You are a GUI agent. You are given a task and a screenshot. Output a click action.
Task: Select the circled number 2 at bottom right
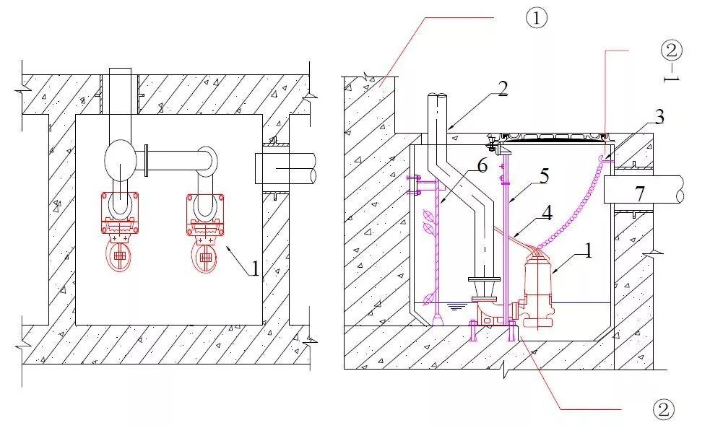(663, 409)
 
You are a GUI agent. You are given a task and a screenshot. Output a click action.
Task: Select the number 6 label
(482, 165)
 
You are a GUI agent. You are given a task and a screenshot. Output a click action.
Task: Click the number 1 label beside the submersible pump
(587, 253)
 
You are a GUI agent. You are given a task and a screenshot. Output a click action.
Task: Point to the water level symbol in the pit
(454, 306)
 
